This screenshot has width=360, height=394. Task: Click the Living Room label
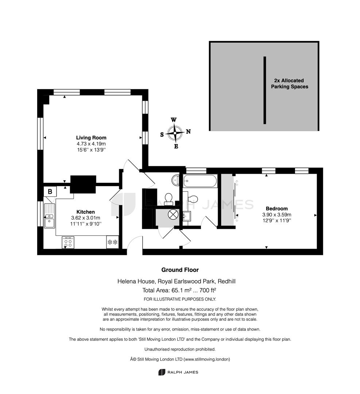(91, 138)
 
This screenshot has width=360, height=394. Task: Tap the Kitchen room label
(85, 212)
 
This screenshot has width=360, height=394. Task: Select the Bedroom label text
(276, 209)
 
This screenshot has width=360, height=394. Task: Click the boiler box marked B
(50, 192)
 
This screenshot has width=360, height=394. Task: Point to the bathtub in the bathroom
(200, 181)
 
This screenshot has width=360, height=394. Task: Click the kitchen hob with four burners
(68, 242)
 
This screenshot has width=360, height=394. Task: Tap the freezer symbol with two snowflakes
(113, 242)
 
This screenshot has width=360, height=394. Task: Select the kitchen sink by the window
(50, 216)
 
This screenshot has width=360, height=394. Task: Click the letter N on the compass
(188, 131)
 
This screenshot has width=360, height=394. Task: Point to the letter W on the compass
(174, 120)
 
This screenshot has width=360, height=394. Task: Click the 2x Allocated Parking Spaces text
(289, 84)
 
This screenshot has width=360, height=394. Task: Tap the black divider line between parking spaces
(264, 90)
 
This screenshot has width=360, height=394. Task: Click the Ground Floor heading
(180, 270)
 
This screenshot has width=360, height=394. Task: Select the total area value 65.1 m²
(182, 290)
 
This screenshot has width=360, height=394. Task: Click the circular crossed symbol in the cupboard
(173, 214)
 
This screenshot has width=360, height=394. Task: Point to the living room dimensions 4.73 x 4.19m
(91, 144)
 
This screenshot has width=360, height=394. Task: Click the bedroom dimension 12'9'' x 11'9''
(276, 221)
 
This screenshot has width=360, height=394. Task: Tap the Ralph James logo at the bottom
(178, 372)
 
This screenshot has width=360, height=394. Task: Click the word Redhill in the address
(227, 281)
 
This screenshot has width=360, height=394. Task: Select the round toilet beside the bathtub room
(168, 197)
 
